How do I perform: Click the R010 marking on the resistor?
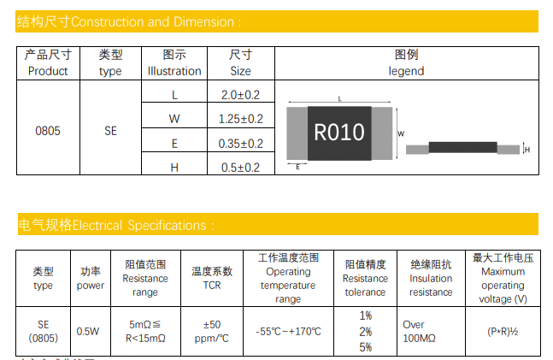click(339, 133)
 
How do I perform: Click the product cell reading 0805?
click(48, 131)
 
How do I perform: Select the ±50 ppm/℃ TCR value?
click(212, 331)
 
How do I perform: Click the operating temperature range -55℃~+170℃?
click(288, 331)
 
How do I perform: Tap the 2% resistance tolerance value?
click(365, 331)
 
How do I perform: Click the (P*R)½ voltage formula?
click(503, 331)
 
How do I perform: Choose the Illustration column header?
click(174, 63)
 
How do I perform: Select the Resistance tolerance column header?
click(365, 278)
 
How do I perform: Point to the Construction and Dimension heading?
click(128, 21)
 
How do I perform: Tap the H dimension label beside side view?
click(527, 150)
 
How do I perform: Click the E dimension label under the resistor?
click(297, 167)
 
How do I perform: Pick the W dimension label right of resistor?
click(401, 133)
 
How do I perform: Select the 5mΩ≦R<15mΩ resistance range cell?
click(145, 331)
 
